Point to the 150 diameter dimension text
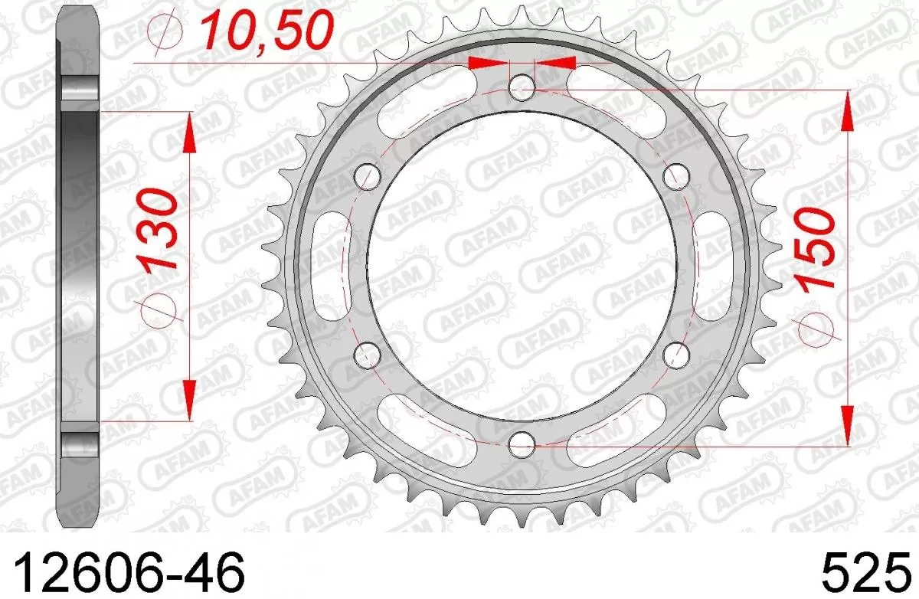pyautogui.click(x=814, y=249)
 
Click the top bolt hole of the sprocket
pyautogui.click(x=522, y=86)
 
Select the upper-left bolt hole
pyautogui.click(x=368, y=175)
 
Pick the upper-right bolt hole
pyautogui.click(x=675, y=175)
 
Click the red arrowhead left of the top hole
pyautogui.click(x=487, y=62)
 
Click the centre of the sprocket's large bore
pyautogui.click(x=522, y=264)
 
